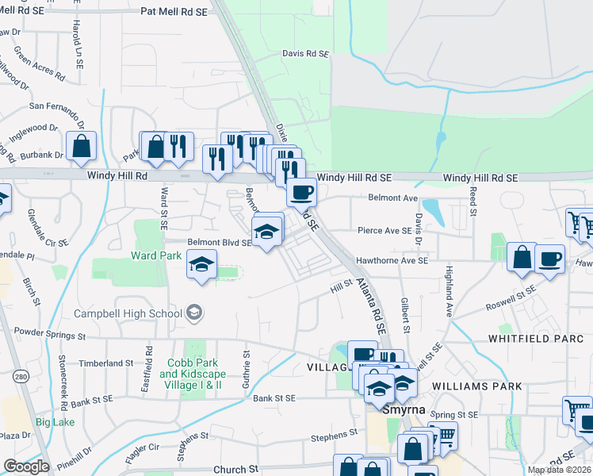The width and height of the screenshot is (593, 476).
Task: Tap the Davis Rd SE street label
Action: (x=305, y=54)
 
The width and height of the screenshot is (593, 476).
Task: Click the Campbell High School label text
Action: (x=128, y=313)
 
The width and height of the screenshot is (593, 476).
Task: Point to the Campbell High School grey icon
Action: (x=193, y=313)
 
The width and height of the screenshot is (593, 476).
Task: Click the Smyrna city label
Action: (x=404, y=410)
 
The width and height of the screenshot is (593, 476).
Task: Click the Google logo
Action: (x=26, y=466)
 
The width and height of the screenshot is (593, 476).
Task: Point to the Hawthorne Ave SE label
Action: (x=392, y=259)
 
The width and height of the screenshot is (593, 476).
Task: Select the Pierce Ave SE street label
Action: (x=384, y=231)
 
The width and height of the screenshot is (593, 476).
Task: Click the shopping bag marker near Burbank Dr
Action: (x=81, y=147)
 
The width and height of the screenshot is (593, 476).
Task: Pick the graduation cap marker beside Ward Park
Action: (x=202, y=264)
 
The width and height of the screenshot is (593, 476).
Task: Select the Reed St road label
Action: (x=472, y=202)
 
